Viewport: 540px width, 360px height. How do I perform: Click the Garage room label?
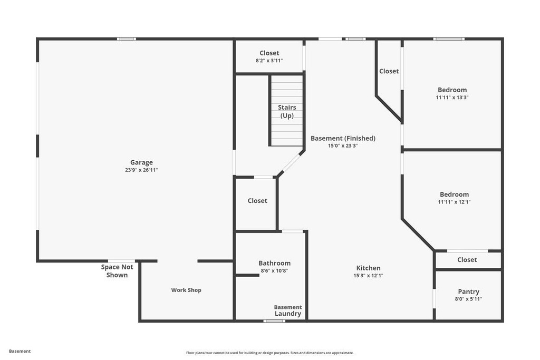(141, 162)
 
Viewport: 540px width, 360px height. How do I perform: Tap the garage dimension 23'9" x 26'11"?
(141, 170)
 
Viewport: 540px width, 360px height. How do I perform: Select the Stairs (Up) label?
(287, 112)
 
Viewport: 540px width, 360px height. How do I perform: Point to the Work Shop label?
(186, 290)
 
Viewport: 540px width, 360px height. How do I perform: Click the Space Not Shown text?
(117, 271)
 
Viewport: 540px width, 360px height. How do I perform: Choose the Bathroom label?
(274, 263)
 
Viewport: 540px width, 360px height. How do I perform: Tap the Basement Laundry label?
(288, 310)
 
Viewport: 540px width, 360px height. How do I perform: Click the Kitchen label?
(368, 268)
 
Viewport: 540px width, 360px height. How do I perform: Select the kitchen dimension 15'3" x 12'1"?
(368, 275)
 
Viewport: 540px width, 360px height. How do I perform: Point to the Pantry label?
(468, 291)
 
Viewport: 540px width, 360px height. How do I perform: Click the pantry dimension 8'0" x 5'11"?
(468, 299)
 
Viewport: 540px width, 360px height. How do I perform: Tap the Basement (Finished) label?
(343, 138)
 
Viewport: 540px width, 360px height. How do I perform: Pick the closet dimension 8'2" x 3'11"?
(269, 61)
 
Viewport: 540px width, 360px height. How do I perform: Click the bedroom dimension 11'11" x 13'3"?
(452, 98)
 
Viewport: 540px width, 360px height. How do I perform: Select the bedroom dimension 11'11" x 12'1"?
(454, 202)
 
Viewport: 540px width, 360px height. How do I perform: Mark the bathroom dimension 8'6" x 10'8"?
(274, 271)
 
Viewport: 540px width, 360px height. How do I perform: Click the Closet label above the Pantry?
(467, 260)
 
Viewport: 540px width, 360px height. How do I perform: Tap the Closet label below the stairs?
(257, 201)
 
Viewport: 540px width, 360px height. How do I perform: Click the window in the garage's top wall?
(127, 39)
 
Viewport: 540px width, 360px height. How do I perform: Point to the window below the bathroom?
(274, 321)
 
